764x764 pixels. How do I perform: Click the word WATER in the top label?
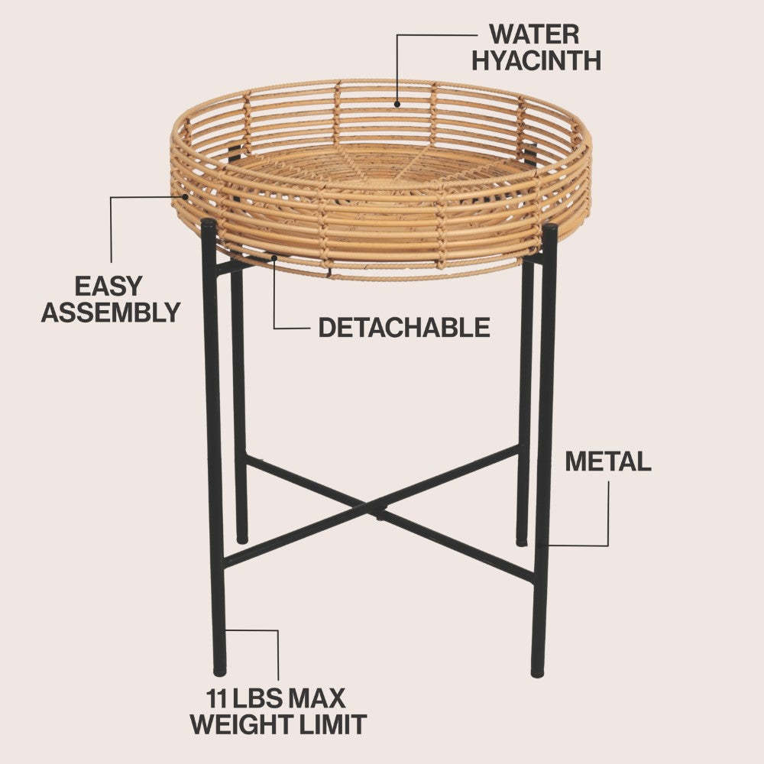[535, 34]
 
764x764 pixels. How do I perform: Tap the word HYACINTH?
[536, 60]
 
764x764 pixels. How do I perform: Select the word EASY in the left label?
[108, 286]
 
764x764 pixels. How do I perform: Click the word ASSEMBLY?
[111, 312]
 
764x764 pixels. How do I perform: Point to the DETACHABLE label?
[404, 328]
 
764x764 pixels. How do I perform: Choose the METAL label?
[608, 461]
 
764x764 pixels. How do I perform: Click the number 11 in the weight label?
[217, 699]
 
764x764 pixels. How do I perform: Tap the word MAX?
[317, 699]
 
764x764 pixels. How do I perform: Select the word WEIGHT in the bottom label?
[241, 724]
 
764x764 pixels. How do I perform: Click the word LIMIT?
[332, 724]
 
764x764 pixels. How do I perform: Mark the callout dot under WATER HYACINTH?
[397, 104]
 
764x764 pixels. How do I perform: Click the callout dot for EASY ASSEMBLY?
[185, 197]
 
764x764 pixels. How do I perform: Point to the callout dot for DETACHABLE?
[274, 257]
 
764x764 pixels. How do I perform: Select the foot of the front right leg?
[537, 673]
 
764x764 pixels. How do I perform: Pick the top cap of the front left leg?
[209, 223]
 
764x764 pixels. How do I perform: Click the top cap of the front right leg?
[549, 228]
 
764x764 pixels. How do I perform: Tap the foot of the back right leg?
[521, 542]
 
